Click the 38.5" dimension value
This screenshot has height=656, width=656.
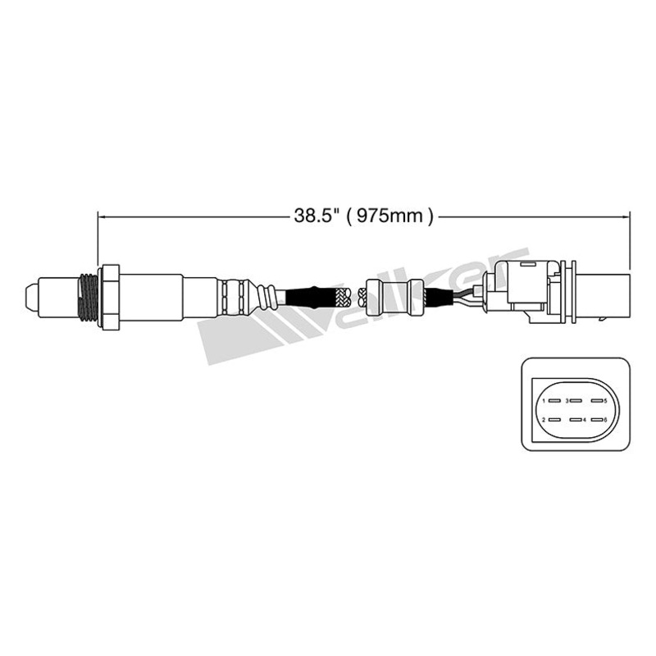coord(315,216)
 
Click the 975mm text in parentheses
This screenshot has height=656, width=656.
coord(389,216)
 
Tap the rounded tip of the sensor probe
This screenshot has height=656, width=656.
coord(30,294)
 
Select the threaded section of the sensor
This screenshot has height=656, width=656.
coord(85,295)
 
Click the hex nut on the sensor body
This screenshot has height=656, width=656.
coord(109,295)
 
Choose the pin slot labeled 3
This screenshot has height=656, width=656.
coord(575,401)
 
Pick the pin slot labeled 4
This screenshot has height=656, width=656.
coord(575,420)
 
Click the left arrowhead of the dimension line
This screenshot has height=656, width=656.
coord(102,216)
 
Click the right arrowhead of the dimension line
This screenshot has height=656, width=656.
coord(626,216)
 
